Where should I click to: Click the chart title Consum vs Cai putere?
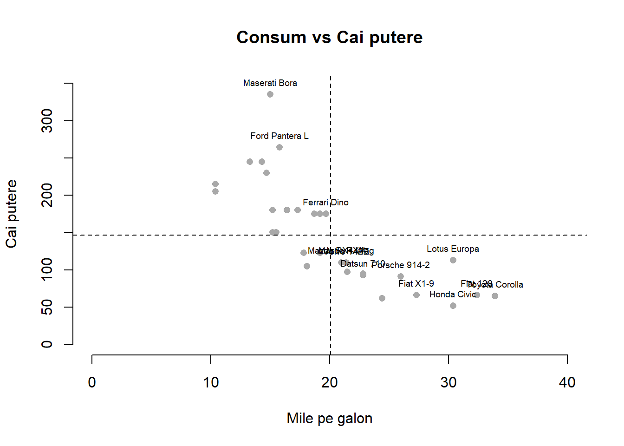pos(329,38)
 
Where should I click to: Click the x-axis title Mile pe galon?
pos(329,418)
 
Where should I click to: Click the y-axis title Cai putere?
pos(12,214)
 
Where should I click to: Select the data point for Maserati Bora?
pos(270,94)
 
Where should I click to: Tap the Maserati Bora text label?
pos(270,83)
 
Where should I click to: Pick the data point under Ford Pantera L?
pos(279,147)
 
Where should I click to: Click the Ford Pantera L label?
pos(279,136)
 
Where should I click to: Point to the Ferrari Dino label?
pos(325,203)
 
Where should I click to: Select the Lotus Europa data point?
pos(453,260)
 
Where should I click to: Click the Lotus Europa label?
pos(453,249)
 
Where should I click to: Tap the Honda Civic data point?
pos(453,306)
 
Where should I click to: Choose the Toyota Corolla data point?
pos(495,296)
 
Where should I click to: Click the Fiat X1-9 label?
pos(416,284)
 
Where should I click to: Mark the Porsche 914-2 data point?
pos(401,276)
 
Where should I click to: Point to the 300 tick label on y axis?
pos(47,121)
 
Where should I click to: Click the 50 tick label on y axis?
pos(47,307)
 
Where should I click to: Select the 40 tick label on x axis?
pos(567,382)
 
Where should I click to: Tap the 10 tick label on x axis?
pos(211,382)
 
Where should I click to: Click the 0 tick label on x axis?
pos(92,382)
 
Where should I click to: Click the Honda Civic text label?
pos(453,295)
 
